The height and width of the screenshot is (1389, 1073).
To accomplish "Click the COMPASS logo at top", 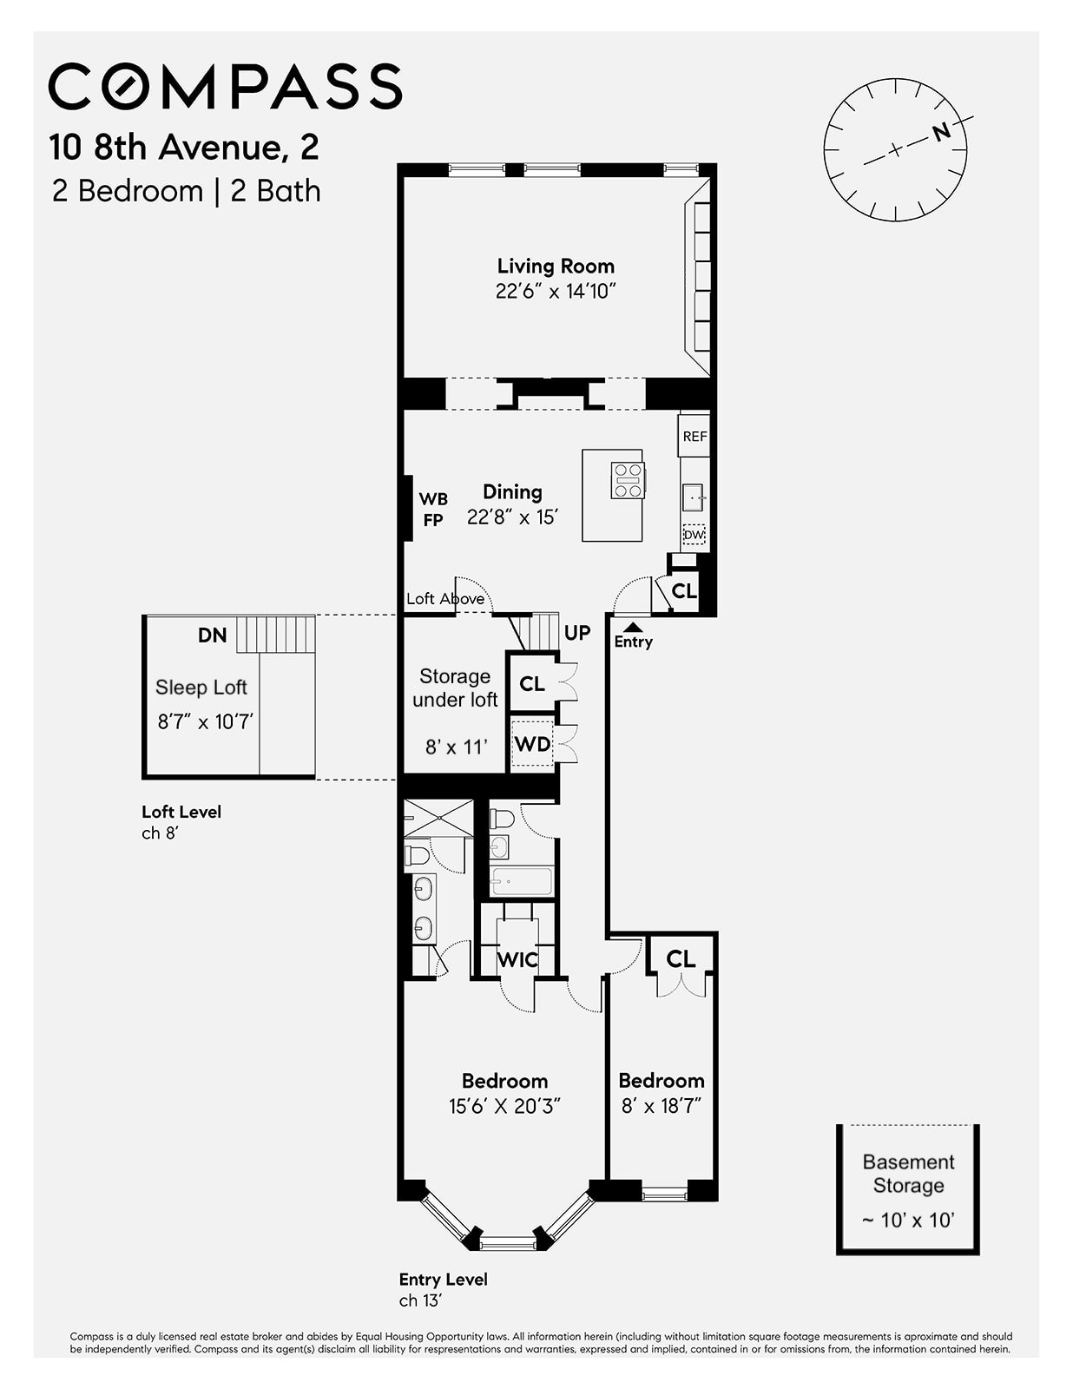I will (x=225, y=86).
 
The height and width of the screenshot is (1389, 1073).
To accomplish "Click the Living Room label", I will (x=555, y=267).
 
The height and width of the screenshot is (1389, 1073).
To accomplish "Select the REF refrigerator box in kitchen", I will (x=694, y=437).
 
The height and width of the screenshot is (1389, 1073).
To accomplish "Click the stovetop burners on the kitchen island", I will (x=628, y=480).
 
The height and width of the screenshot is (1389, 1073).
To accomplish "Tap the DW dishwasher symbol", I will (x=693, y=536).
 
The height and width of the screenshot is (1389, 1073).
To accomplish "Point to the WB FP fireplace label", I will (x=433, y=510).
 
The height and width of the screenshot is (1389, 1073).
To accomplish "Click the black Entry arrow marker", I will (x=634, y=626).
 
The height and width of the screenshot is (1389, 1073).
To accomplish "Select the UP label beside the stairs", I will (x=577, y=633).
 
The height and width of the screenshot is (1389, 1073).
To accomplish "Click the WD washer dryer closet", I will (x=532, y=744).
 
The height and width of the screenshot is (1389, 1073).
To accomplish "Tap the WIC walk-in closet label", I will (x=517, y=959).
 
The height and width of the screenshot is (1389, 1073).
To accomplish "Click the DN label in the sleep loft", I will (x=212, y=635).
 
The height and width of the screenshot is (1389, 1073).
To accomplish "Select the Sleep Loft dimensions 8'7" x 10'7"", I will (x=205, y=721).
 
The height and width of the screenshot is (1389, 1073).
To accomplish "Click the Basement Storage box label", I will (x=908, y=1174).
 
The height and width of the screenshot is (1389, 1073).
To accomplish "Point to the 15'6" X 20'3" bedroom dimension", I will (x=504, y=1106).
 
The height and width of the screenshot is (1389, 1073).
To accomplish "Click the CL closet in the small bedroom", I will (x=681, y=958).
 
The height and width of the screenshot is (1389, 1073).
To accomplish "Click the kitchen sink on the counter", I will (x=693, y=498).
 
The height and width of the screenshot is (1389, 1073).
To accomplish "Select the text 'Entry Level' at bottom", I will (x=443, y=1279).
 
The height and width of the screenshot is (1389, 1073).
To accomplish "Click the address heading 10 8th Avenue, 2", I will (x=184, y=147).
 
